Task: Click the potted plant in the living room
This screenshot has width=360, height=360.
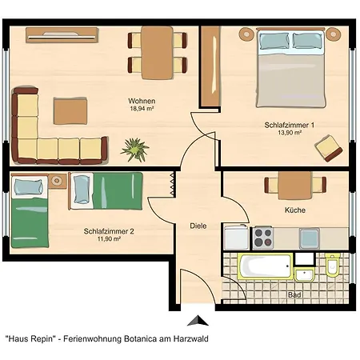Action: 135,150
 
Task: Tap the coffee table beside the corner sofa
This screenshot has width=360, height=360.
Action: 70,111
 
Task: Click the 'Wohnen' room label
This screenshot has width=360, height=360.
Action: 142,101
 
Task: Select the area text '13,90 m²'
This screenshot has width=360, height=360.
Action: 290,133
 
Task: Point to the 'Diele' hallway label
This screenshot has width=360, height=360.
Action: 198,226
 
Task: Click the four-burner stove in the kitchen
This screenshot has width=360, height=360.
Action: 263,238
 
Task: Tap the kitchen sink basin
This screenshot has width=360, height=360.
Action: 310,238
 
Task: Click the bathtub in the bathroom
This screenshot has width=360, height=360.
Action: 266,266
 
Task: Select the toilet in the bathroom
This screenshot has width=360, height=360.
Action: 332,265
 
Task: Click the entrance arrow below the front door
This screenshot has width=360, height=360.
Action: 198,321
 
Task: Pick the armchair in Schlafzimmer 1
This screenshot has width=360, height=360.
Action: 329,148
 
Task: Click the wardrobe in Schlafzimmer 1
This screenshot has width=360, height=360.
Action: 210,66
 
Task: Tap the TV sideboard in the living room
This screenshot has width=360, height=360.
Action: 62,35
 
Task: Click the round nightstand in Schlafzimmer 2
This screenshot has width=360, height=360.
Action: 57,181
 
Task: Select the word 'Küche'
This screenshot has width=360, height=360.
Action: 295,210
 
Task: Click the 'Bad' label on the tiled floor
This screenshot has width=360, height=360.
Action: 294,295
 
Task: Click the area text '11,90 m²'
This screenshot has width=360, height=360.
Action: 109,239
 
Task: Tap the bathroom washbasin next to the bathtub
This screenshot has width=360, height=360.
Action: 305,274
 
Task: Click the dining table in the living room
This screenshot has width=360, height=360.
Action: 157,53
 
